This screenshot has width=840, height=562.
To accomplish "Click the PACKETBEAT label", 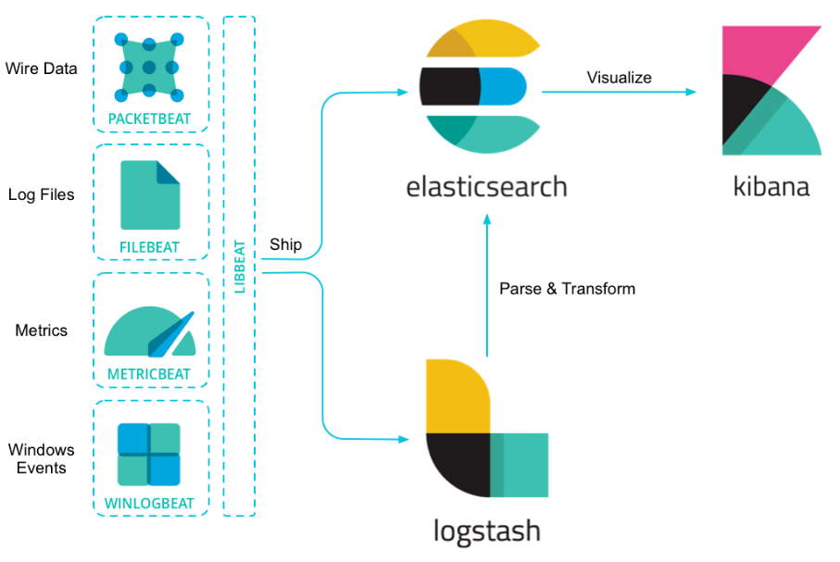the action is click(149, 119).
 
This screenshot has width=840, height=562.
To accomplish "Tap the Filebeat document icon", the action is click(150, 195).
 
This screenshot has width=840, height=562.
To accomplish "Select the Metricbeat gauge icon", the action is click(150, 331).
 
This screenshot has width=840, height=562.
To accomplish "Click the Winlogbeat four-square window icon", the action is click(149, 455).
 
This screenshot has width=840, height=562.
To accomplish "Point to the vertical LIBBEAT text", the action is click(240, 267).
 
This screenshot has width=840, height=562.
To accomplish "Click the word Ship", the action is click(285, 244).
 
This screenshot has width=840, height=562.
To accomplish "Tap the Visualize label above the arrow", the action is click(619, 78).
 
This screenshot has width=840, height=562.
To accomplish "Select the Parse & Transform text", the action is click(568, 289).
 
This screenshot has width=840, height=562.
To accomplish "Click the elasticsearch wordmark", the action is click(486, 187).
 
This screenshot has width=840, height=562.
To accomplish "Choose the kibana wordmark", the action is click(771, 186).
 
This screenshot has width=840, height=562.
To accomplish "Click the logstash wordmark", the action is click(486, 531).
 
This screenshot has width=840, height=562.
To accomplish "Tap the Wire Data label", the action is click(42, 69).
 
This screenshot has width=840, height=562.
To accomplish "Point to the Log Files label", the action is click(42, 194).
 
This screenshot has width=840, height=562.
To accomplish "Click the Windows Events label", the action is click(42, 458).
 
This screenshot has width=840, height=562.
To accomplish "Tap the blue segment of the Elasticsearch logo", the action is click(503, 86).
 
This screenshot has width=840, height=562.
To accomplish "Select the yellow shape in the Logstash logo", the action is click(457, 396).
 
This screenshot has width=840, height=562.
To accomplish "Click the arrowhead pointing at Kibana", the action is click(691, 93).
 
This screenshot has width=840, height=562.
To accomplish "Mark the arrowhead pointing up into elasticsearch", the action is click(487, 219).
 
